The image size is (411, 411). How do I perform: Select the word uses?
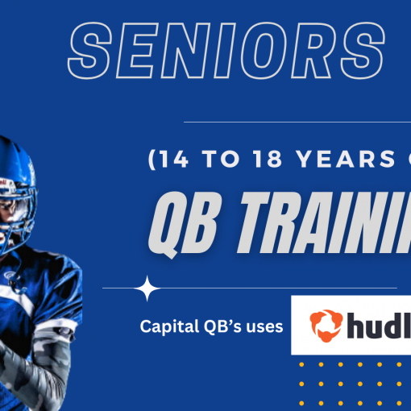(263, 326)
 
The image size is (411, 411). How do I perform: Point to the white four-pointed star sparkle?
(147, 288)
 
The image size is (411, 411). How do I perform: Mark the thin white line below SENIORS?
(298, 122)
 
